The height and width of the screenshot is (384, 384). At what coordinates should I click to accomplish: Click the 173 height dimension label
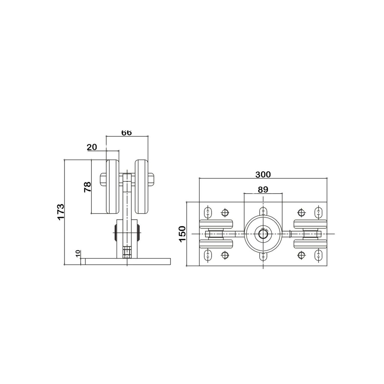click(61, 212)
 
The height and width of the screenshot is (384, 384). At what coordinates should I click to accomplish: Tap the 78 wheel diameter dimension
click(88, 187)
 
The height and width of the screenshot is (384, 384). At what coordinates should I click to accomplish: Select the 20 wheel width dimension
click(92, 147)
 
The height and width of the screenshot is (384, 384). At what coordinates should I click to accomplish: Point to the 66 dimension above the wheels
click(126, 132)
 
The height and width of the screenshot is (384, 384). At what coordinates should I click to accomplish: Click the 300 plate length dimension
click(263, 175)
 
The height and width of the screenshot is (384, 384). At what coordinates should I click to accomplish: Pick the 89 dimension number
click(263, 190)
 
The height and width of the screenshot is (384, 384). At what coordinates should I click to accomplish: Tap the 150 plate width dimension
click(182, 234)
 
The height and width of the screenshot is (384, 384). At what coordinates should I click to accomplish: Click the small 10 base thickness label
click(78, 254)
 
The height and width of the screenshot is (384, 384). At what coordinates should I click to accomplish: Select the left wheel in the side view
click(113, 187)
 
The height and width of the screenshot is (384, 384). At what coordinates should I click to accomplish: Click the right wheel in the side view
click(142, 187)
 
